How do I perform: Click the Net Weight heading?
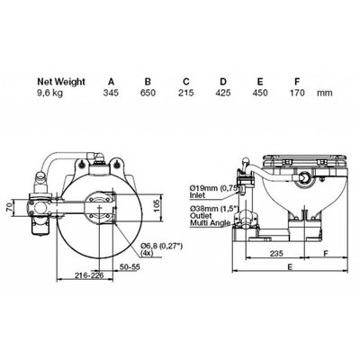tap(61, 82)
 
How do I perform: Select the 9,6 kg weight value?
tap(49, 93)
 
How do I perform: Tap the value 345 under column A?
tap(111, 93)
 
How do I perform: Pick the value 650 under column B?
tap(148, 93)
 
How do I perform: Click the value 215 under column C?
tap(186, 93)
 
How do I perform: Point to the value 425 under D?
tap(223, 93)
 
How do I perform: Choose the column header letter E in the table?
tap(260, 82)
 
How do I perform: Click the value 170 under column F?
tap(297, 93)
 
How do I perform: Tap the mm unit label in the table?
tap(325, 93)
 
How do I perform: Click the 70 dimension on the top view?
tap(10, 207)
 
